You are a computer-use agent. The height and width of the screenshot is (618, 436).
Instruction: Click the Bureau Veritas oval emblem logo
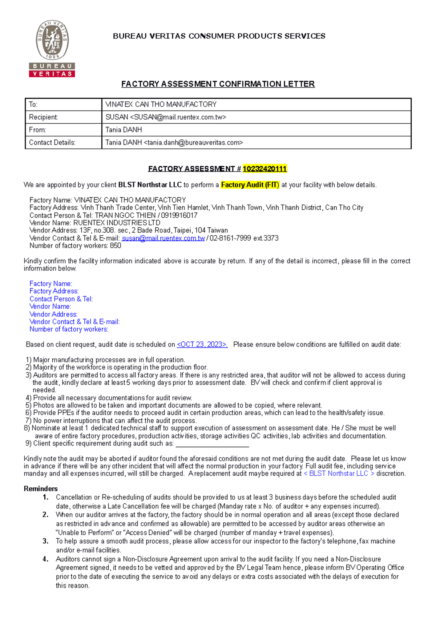pos(52,40)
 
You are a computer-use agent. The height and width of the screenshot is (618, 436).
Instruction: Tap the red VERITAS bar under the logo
pos(52,74)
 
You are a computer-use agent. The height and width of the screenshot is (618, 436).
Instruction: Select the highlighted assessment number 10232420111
pos(265,169)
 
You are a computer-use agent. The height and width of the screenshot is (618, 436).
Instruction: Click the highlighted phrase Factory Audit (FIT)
pos(250,185)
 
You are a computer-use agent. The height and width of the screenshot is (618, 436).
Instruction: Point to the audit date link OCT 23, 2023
pos(202,345)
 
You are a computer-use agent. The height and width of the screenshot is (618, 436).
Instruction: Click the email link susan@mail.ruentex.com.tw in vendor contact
pos(163,238)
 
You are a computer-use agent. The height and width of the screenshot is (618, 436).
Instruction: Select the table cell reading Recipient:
pos(63,117)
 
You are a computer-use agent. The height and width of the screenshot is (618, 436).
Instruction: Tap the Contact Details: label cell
pos(63,143)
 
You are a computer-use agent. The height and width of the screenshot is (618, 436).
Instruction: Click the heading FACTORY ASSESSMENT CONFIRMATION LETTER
pos(218,84)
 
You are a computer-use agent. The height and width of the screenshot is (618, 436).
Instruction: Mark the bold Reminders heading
pos(41,489)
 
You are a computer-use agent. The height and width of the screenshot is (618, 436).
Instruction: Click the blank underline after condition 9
pos(212,444)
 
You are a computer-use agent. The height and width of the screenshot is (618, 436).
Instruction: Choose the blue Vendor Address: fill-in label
pos(53,314)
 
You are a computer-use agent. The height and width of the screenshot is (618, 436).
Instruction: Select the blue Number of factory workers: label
pos(69,329)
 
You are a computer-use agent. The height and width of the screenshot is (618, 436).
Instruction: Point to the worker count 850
pos(116,246)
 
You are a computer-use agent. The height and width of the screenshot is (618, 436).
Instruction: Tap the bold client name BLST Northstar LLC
pos(150,185)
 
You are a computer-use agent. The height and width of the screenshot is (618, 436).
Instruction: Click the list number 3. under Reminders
pos(45,541)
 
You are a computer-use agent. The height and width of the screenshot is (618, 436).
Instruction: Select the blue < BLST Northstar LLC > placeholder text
pos(339,474)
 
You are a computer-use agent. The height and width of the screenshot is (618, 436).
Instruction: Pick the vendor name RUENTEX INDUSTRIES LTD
pos(117,223)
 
